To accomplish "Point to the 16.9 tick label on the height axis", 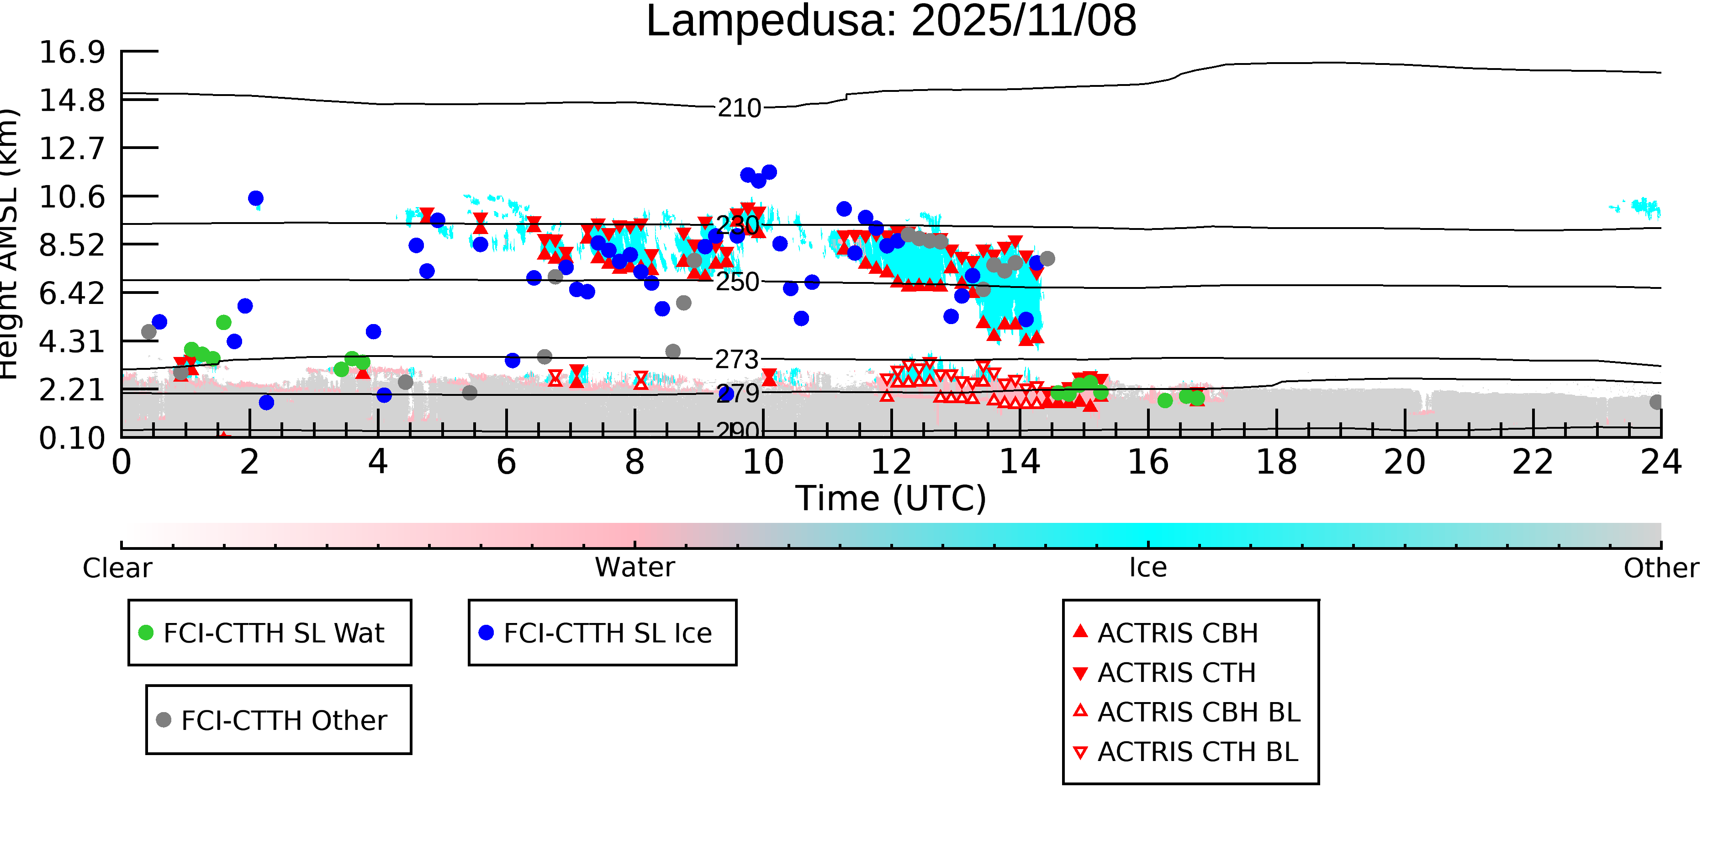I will tap(72, 52).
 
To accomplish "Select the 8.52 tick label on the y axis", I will tap(72, 245).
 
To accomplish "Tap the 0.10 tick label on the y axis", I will tap(72, 438).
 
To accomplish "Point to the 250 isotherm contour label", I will tap(737, 282).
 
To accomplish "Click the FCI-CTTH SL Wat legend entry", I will tap(273, 633).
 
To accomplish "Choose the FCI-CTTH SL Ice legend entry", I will tap(607, 633).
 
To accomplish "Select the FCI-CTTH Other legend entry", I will tap(283, 720).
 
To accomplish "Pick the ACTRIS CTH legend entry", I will tap(1176, 673).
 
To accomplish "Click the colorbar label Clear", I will tap(117, 568).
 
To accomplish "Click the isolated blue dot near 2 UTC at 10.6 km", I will tap(255, 198).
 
